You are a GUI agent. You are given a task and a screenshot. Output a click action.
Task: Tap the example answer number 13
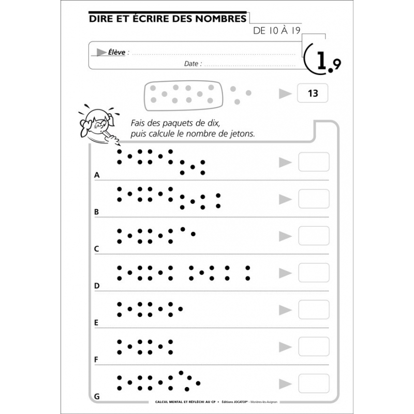(313, 94)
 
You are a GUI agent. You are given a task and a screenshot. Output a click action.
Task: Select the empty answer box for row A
(314, 162)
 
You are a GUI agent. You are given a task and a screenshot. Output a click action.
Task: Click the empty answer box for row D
(314, 273)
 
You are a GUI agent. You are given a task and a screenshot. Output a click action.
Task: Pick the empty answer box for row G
(314, 383)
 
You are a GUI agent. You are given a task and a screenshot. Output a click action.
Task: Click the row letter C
(96, 249)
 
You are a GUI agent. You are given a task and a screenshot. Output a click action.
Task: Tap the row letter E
(96, 322)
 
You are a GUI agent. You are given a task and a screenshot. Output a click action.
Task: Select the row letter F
(96, 359)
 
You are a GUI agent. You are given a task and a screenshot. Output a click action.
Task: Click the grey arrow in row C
(285, 236)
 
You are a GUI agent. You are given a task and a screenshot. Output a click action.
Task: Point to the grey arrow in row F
(285, 347)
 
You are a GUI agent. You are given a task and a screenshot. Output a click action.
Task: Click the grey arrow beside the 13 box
(285, 94)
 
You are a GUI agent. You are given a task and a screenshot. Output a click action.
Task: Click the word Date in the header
(191, 64)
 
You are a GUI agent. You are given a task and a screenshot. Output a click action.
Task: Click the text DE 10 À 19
(277, 31)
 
